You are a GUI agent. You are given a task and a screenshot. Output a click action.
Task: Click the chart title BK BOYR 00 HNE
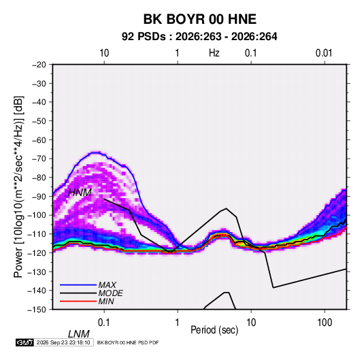click(x=200, y=19)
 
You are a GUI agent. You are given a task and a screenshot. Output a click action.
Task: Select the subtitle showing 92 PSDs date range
click(x=199, y=37)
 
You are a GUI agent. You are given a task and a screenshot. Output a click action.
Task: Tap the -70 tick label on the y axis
click(x=39, y=159)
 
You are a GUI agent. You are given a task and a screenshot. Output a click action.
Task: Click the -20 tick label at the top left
click(x=39, y=65)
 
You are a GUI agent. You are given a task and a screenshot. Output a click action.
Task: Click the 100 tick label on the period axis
click(x=325, y=323)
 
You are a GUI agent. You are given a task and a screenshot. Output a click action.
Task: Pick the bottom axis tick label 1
click(x=178, y=323)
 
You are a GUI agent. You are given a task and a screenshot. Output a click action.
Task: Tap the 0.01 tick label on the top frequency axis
click(x=324, y=53)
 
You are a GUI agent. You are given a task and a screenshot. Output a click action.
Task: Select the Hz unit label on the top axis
click(x=214, y=53)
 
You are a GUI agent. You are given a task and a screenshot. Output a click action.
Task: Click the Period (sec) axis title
click(x=214, y=330)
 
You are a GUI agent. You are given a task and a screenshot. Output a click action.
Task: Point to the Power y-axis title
click(x=18, y=187)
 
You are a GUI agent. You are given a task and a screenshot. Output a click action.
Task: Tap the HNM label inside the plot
click(x=80, y=193)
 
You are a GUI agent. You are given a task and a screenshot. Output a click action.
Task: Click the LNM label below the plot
click(x=79, y=334)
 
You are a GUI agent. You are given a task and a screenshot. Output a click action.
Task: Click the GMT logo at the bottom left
click(x=24, y=342)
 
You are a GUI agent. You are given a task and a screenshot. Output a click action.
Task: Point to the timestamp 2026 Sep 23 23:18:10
click(x=63, y=342)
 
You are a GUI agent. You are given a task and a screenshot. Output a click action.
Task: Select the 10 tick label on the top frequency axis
click(x=104, y=53)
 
